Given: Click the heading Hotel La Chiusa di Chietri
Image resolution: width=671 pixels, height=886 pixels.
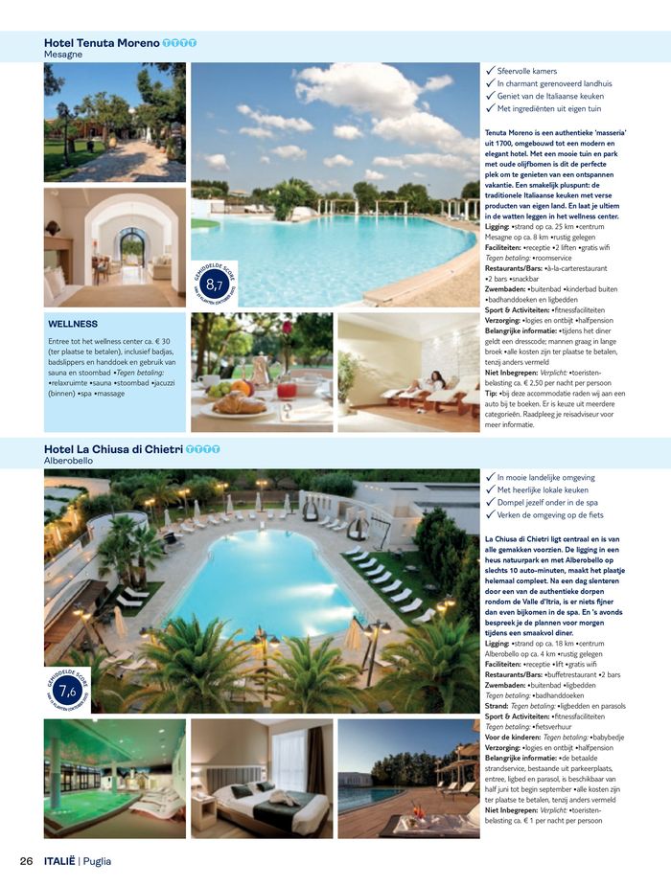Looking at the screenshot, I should pyautogui.click(x=114, y=449).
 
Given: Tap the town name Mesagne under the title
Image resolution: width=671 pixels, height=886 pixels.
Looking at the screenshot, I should pyautogui.click(x=63, y=55).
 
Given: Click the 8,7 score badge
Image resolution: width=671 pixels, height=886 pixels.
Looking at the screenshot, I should pyautogui.click(x=215, y=283).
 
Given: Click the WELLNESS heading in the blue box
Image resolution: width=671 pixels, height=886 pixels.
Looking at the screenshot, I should pyautogui.click(x=73, y=324).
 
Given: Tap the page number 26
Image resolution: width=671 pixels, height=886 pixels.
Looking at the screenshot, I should pyautogui.click(x=27, y=860).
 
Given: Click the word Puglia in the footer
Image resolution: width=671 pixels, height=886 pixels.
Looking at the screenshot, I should pyautogui.click(x=97, y=860).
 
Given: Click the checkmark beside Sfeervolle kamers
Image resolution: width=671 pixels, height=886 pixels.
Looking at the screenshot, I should pyautogui.click(x=491, y=71).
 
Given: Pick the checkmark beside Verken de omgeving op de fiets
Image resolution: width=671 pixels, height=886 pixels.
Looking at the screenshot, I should pyautogui.click(x=491, y=515).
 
